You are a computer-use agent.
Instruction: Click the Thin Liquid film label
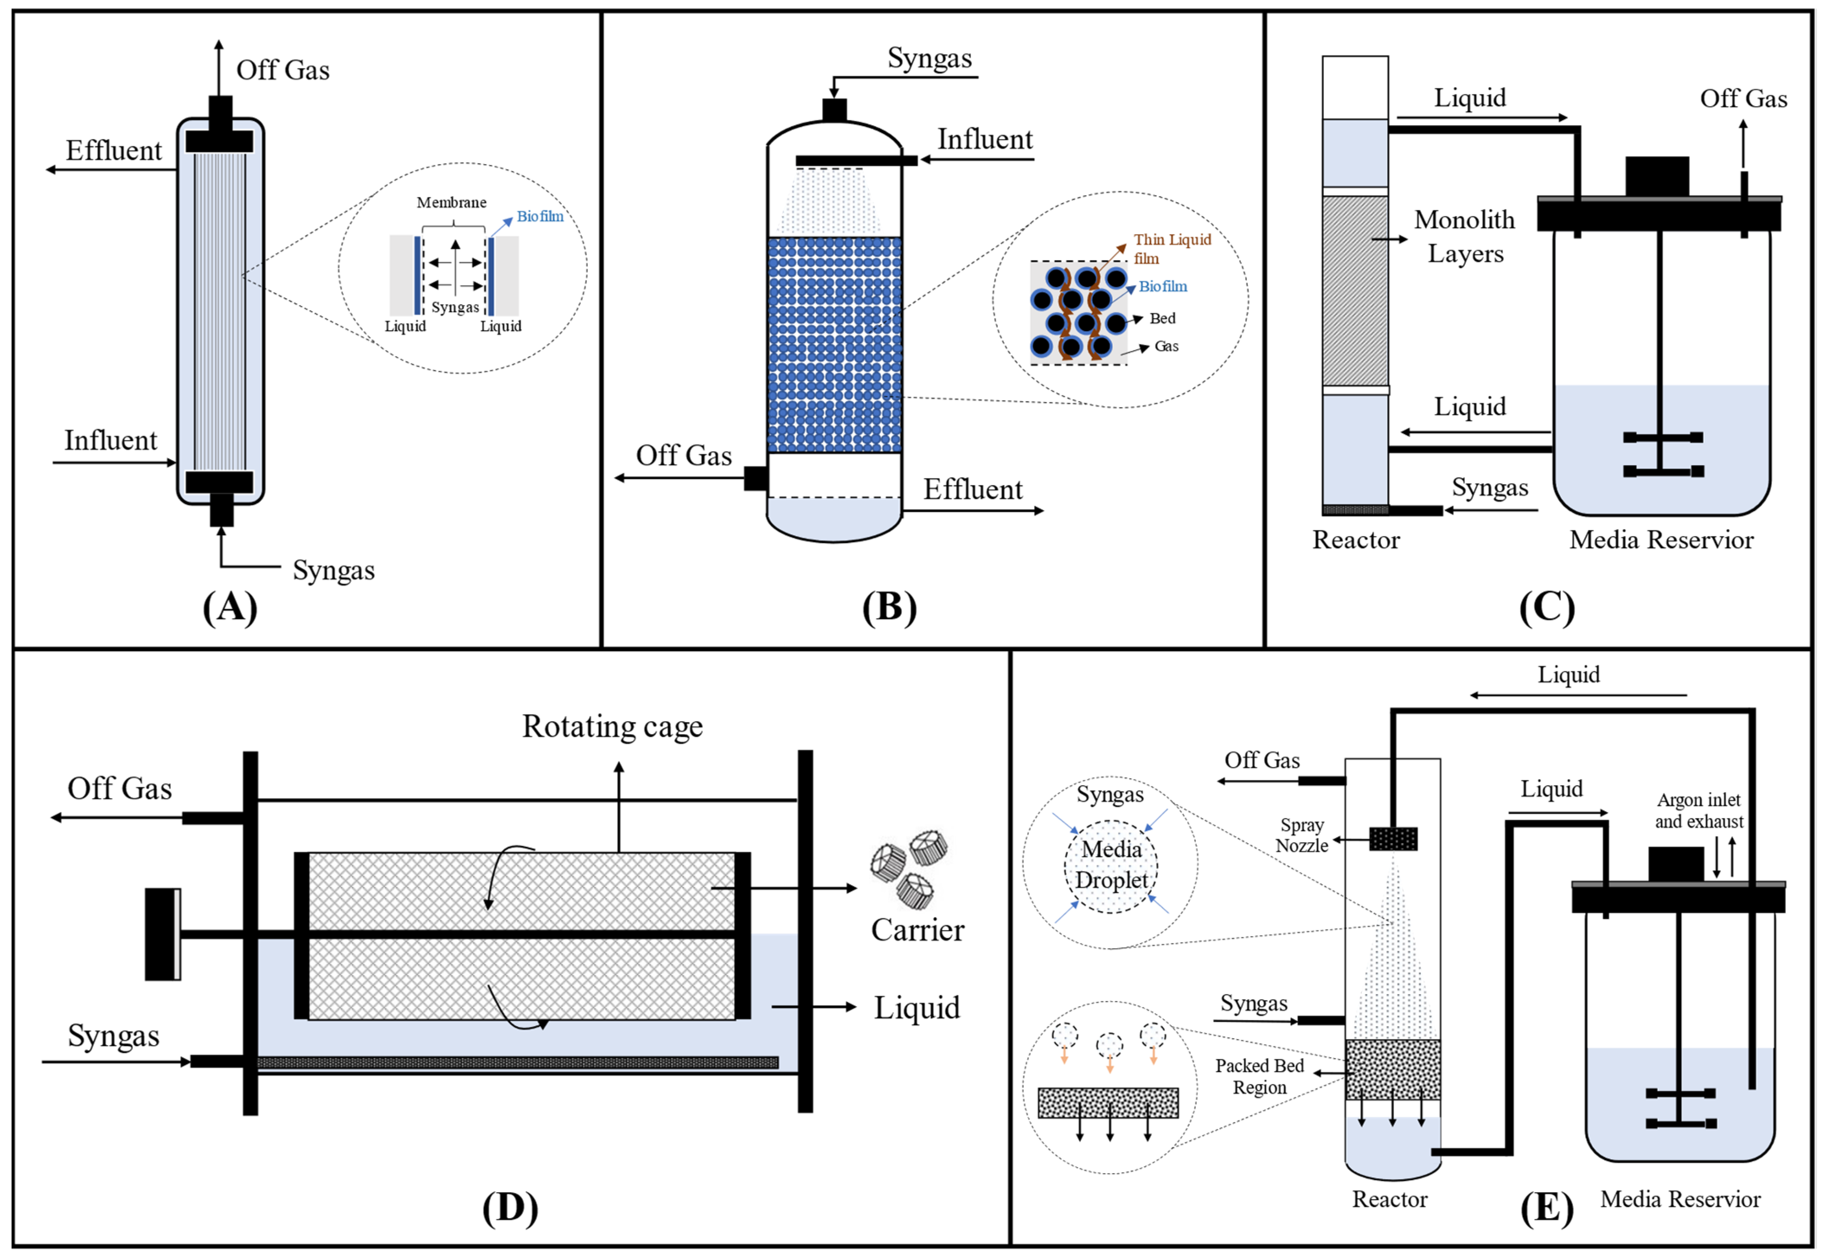click(x=1171, y=249)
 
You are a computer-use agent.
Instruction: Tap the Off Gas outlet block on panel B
click(x=755, y=477)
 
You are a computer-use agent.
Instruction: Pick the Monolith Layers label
click(x=1464, y=236)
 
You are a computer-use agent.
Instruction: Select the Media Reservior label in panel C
click(x=1661, y=540)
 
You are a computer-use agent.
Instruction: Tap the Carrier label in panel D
click(x=917, y=930)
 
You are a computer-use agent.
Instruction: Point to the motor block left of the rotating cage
click(x=163, y=934)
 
